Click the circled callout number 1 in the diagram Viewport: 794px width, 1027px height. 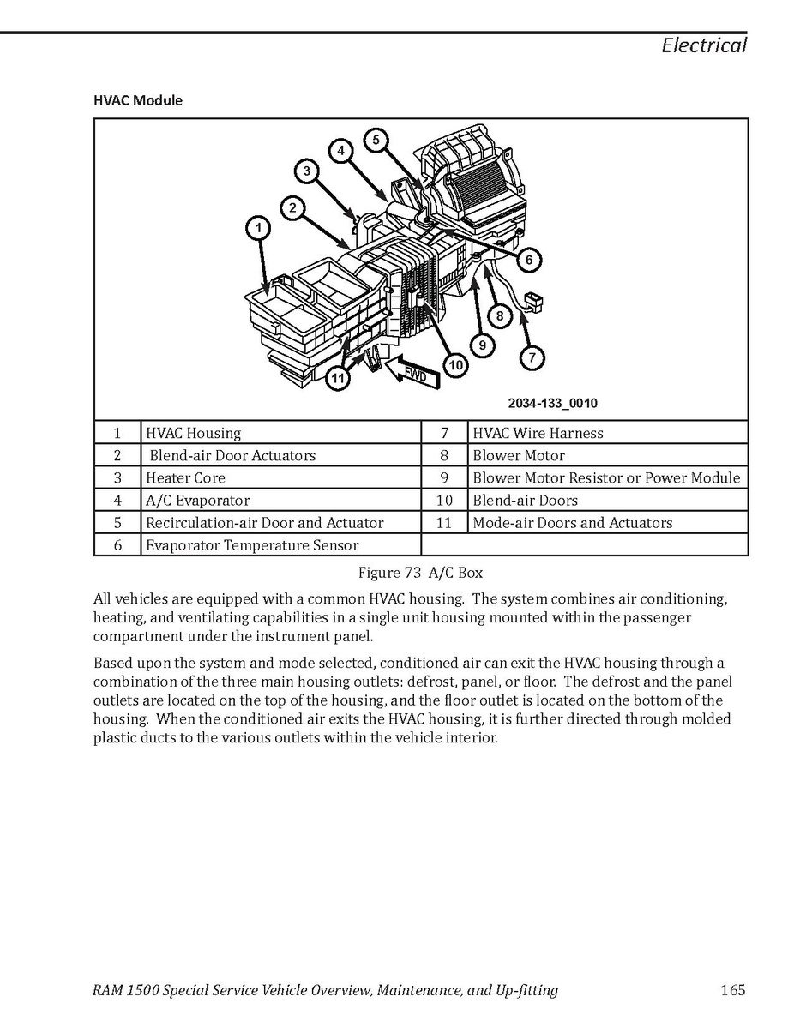tap(257, 228)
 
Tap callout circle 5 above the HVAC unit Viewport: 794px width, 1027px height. tap(376, 139)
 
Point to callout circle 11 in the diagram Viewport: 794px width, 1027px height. tap(340, 378)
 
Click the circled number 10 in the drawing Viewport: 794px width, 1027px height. tap(455, 365)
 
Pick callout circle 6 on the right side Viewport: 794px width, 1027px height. tap(529, 259)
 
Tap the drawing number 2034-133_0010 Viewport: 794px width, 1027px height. tap(552, 403)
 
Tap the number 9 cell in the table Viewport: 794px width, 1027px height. tap(444, 478)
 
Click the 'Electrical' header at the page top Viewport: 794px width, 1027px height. tap(703, 45)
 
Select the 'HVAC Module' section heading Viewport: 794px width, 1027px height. tap(138, 100)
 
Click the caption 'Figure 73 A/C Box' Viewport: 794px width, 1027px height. tap(420, 573)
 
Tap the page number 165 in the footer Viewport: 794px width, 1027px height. tap(732, 991)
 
